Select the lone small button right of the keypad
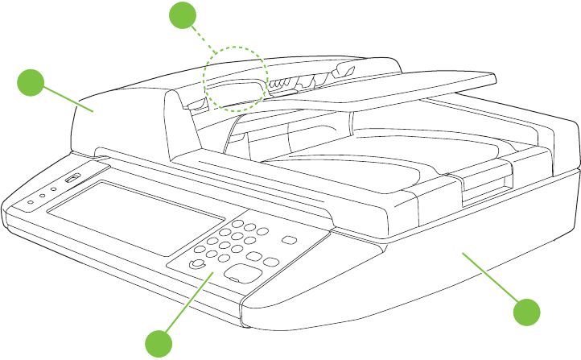287,239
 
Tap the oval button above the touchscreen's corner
72,178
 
